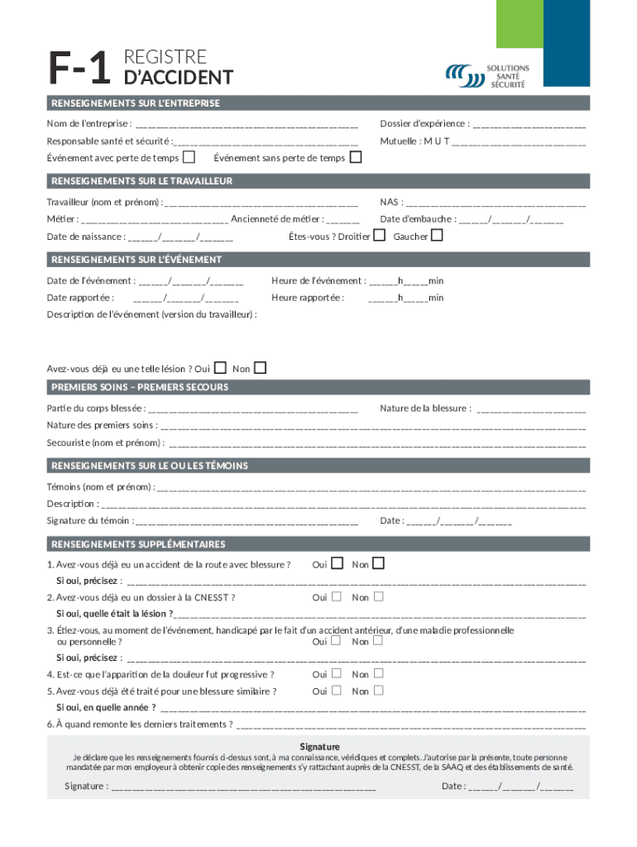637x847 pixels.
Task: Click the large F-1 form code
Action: pyautogui.click(x=79, y=69)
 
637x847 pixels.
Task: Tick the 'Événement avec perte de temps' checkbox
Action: pyautogui.click(x=189, y=157)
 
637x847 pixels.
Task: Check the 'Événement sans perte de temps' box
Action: pyautogui.click(x=356, y=157)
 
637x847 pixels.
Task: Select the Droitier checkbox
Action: pyautogui.click(x=379, y=236)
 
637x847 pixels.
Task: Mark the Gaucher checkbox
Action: pyautogui.click(x=437, y=236)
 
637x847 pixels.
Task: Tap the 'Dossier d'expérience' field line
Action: pyautogui.click(x=529, y=126)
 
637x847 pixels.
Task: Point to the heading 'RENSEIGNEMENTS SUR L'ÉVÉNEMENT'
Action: pyautogui.click(x=136, y=260)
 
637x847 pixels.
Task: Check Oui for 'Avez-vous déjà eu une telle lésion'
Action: pyautogui.click(x=220, y=368)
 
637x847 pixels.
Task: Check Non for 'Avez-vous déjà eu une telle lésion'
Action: pyautogui.click(x=260, y=368)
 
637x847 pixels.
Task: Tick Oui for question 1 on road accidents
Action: pyautogui.click(x=337, y=564)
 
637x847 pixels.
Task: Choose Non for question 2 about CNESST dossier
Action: pyautogui.click(x=378, y=596)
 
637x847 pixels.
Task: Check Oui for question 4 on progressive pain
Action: pyautogui.click(x=337, y=674)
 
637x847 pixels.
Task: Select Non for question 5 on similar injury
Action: pyautogui.click(x=378, y=691)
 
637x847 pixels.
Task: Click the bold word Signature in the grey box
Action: pyautogui.click(x=318, y=746)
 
